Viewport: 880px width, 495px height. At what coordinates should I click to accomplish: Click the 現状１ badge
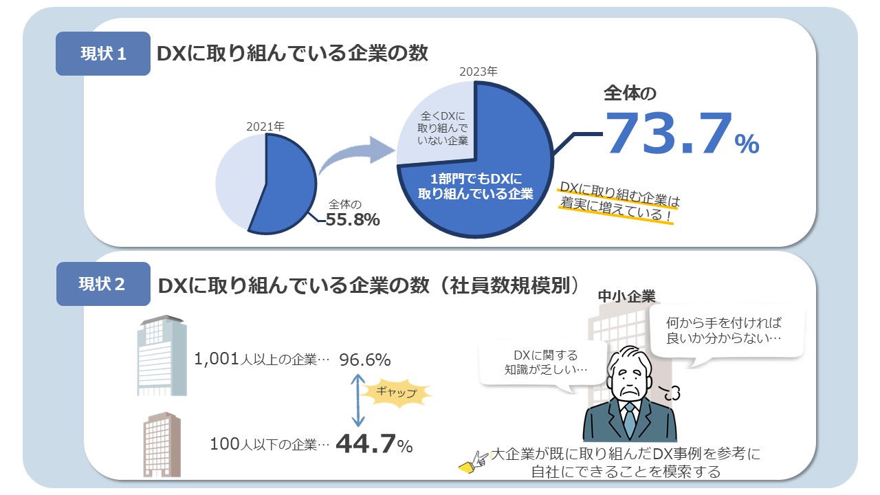tap(103, 54)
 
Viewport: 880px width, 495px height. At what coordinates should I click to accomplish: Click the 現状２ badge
tap(103, 283)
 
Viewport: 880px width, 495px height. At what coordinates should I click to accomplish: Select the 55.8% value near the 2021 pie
tap(353, 220)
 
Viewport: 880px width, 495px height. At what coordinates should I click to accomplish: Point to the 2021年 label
tap(265, 126)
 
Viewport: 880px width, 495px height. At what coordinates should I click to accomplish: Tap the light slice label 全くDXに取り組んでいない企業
tap(443, 129)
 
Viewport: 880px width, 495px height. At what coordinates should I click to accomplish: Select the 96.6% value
tap(364, 360)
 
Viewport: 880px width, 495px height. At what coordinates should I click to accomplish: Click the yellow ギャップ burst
tap(397, 393)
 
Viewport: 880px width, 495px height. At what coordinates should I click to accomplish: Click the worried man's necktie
tap(629, 420)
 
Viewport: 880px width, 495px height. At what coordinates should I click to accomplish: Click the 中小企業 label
tap(626, 296)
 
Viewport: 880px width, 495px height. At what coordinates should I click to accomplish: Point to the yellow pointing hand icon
tap(474, 462)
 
